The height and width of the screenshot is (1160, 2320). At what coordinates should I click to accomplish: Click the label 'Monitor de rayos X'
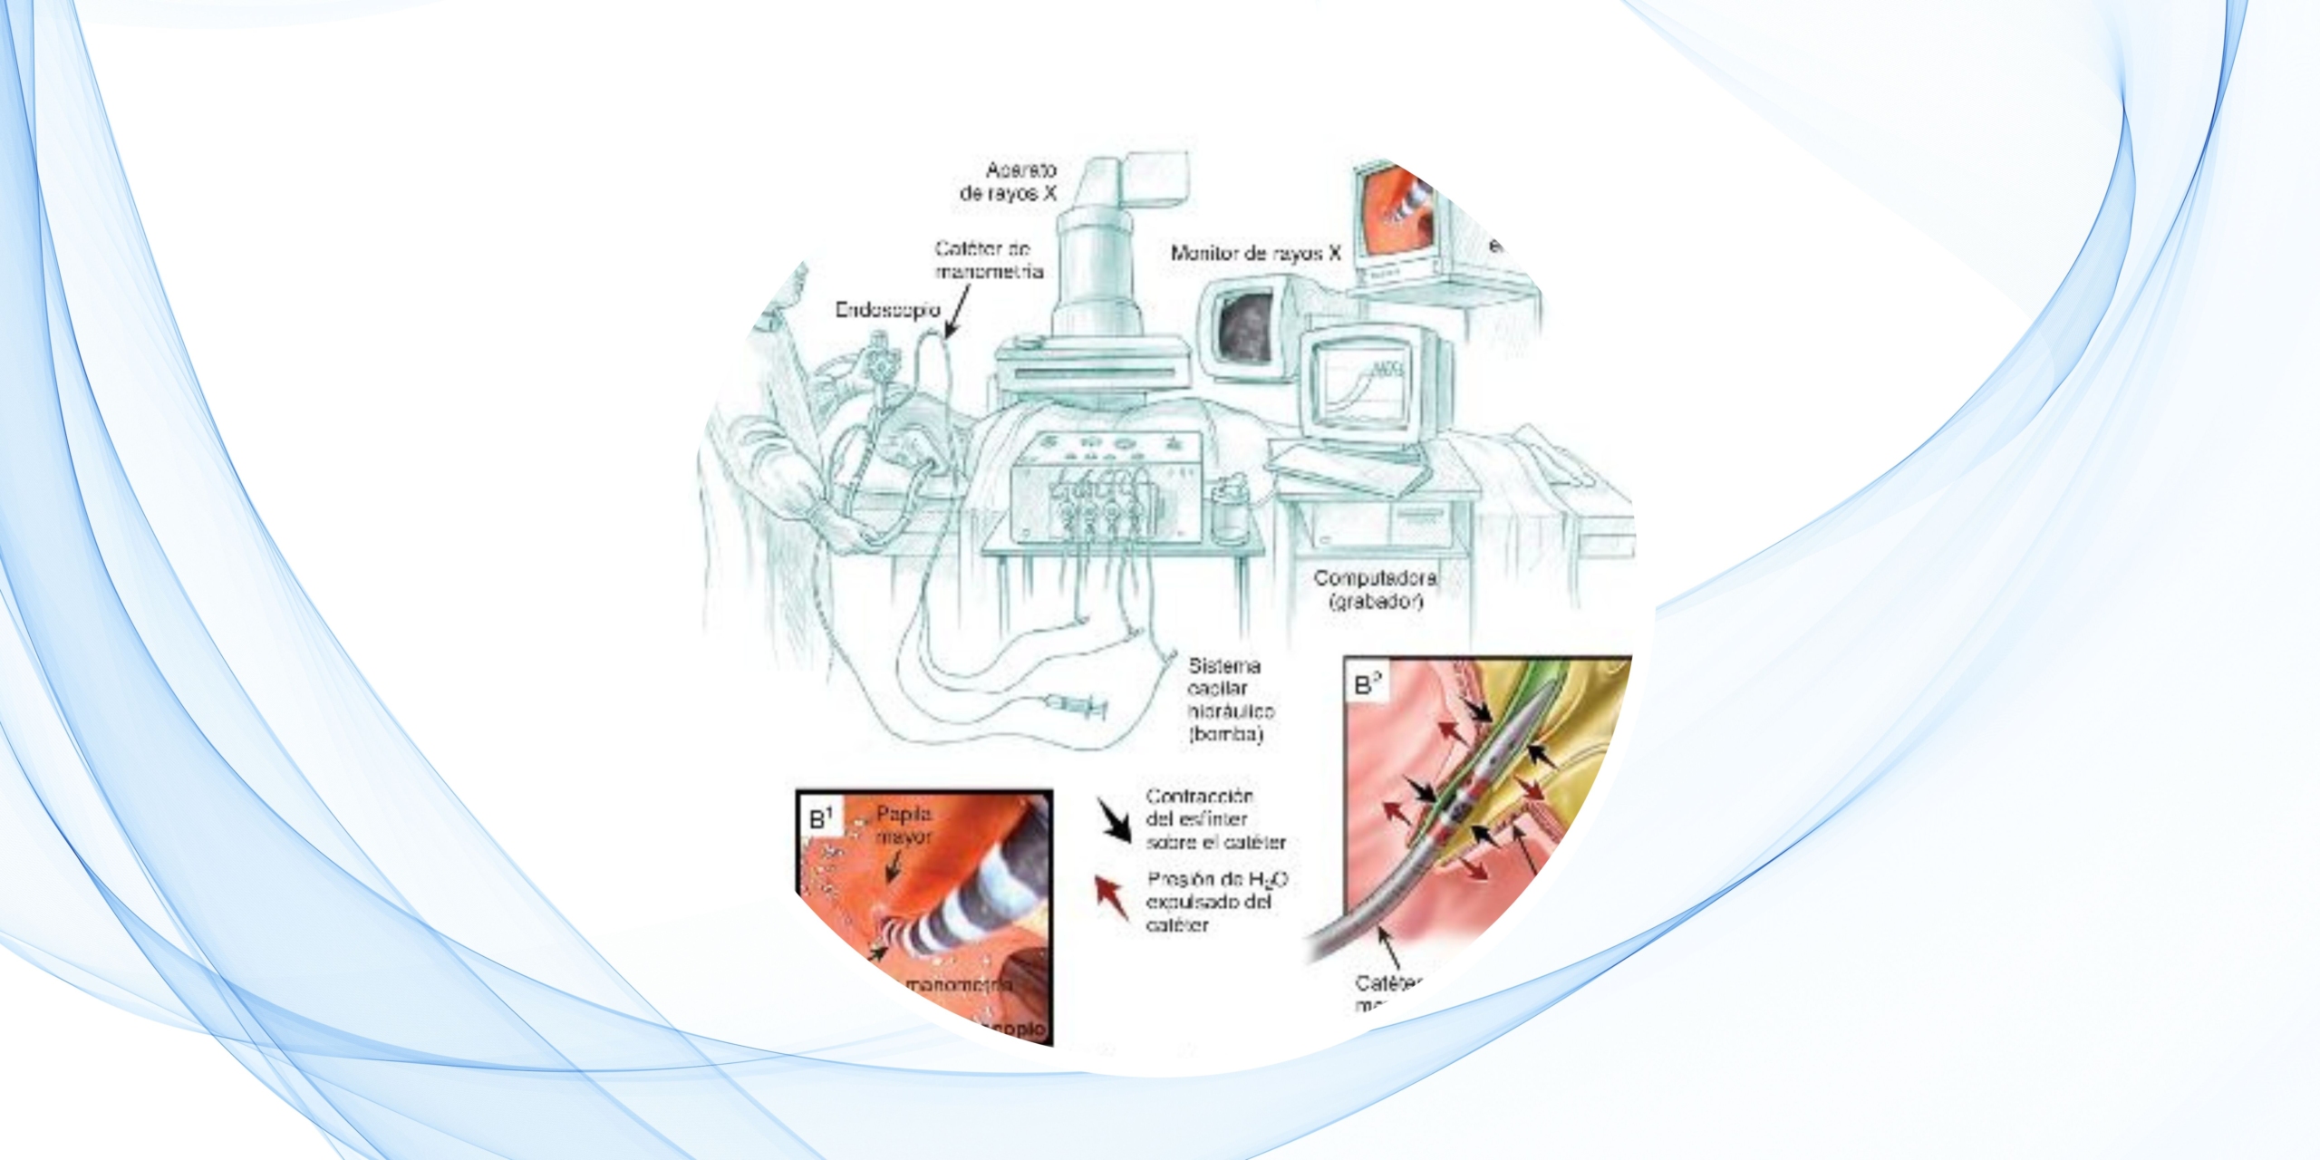click(1255, 254)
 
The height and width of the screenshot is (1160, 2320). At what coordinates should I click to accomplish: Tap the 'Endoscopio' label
click(887, 310)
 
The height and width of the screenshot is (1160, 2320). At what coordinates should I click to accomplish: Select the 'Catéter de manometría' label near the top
click(989, 260)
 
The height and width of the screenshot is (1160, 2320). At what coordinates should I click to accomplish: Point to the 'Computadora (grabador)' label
click(1375, 589)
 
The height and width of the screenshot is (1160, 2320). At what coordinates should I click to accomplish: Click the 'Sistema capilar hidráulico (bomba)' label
click(1230, 700)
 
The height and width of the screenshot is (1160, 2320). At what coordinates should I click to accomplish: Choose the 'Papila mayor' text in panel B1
click(904, 826)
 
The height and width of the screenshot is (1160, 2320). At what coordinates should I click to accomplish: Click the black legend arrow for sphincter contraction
click(1114, 821)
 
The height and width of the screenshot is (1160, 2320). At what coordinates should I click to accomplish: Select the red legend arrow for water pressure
click(1112, 898)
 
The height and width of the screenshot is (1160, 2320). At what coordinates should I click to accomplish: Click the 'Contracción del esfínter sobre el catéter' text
click(1214, 819)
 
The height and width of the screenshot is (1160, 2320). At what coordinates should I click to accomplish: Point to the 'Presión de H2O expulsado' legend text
click(1216, 902)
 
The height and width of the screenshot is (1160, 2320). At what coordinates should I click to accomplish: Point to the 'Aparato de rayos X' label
click(1009, 181)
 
